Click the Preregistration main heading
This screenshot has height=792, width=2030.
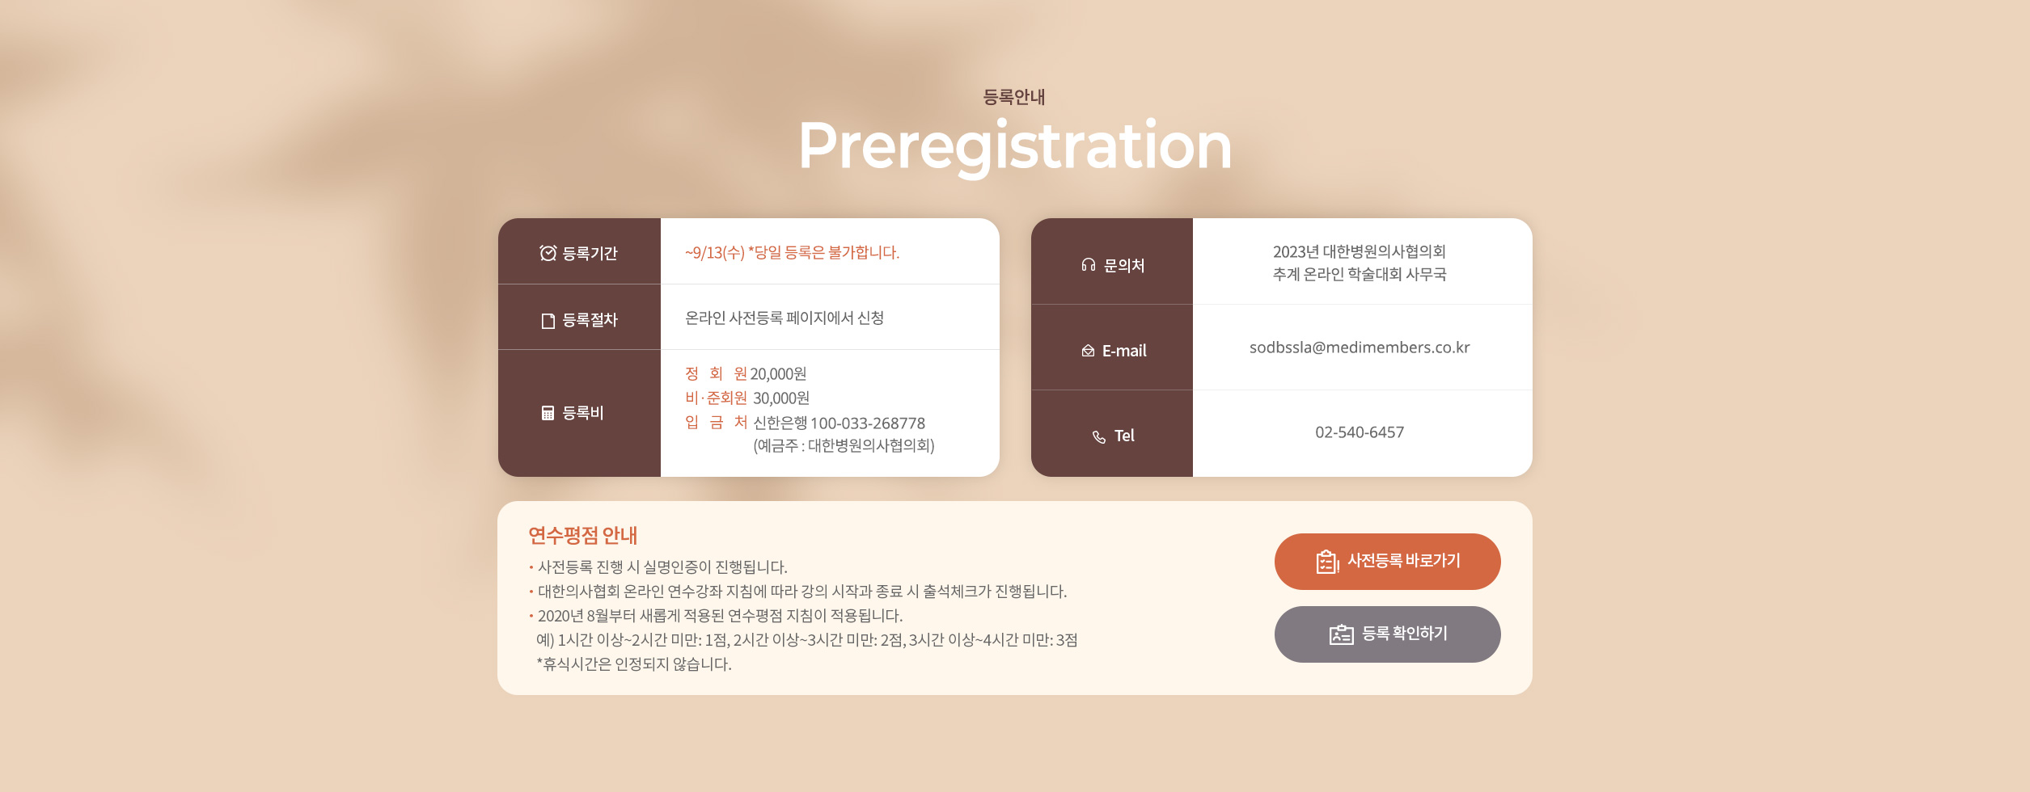coord(1015,146)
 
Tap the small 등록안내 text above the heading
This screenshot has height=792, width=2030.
coord(1014,97)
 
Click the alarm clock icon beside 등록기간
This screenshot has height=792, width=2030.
coord(548,253)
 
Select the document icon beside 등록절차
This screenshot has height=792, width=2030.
coord(548,321)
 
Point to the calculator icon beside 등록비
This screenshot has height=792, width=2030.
coord(548,413)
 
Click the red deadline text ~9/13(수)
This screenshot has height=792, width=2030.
coord(715,253)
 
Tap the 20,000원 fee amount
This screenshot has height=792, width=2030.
coord(778,374)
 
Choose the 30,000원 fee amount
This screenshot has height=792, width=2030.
coord(781,398)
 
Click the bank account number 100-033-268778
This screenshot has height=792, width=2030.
coord(868,423)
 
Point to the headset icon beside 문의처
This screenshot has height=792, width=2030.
coord(1089,265)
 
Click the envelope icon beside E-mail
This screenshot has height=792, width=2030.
coord(1088,351)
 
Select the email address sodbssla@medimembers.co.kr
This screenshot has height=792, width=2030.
coord(1360,348)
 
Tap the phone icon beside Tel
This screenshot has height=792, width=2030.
coord(1099,437)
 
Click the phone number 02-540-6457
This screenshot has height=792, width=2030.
coord(1360,432)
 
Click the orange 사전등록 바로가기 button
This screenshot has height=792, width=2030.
coord(1388,562)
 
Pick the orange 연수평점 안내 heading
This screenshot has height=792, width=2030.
coord(583,535)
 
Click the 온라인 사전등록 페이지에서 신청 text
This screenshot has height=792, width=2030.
coord(785,318)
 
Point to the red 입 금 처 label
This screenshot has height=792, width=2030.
coord(716,423)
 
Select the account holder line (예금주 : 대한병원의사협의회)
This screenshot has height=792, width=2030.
coord(844,446)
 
